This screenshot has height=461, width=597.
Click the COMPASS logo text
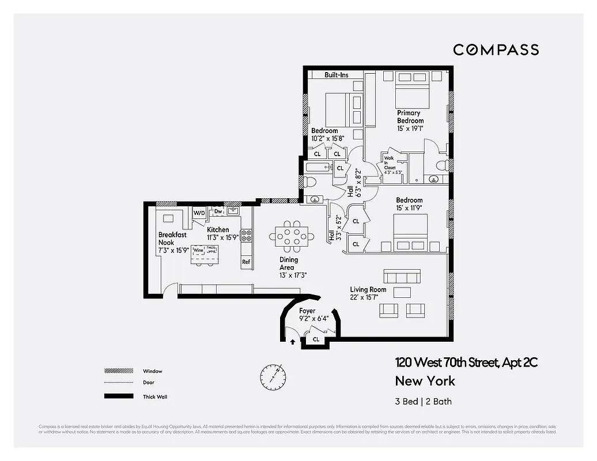tap(496, 50)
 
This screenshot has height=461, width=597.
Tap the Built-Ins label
tap(336, 75)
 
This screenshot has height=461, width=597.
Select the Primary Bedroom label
tap(410, 117)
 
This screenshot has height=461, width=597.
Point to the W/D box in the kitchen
tap(199, 213)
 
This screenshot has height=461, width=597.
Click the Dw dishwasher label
tap(218, 211)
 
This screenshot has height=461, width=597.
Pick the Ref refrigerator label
tap(246, 262)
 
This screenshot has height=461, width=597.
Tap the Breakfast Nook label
tap(172, 239)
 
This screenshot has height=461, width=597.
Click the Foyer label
tap(307, 311)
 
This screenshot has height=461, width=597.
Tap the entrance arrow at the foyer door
tap(293, 341)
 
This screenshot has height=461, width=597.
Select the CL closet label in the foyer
tap(316, 339)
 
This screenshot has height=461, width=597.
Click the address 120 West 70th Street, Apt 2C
tap(466, 362)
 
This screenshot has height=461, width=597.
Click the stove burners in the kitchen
tap(245, 235)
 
